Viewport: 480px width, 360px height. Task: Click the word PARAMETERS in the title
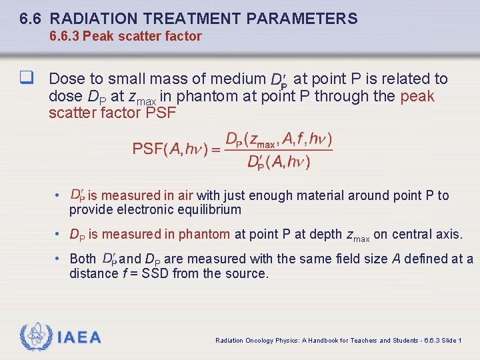pos(301,19)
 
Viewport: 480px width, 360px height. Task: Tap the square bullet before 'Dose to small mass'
pos(28,79)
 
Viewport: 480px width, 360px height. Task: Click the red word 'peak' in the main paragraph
pos(417,96)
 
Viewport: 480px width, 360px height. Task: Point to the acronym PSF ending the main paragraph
pos(161,113)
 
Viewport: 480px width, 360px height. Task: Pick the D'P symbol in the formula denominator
pos(256,162)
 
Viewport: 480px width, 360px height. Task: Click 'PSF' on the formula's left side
pos(147,149)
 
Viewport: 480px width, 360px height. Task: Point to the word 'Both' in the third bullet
pos(83,259)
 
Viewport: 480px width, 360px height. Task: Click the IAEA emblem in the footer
pos(35,337)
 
